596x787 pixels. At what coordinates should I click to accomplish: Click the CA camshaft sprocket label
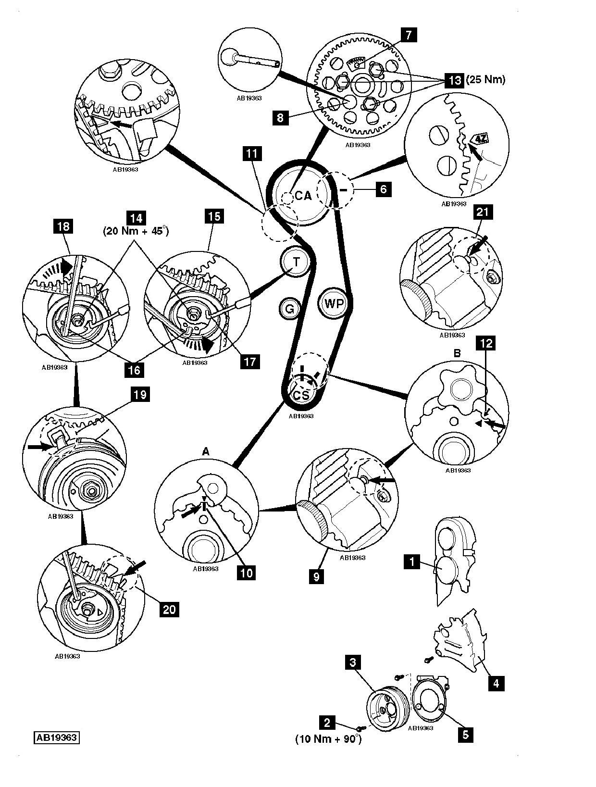[303, 195]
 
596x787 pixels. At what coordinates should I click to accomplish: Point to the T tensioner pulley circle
[296, 262]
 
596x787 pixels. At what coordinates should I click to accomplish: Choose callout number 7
[409, 35]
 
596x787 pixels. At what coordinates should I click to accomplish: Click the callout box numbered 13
[454, 80]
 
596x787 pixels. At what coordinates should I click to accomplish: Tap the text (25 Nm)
[485, 79]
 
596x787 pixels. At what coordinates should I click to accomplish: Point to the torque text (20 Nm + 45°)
[136, 231]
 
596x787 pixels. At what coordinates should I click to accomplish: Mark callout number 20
[169, 609]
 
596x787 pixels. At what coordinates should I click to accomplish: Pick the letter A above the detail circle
[206, 451]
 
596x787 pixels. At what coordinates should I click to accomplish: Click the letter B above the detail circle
[457, 353]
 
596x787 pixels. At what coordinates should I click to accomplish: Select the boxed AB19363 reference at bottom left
[56, 737]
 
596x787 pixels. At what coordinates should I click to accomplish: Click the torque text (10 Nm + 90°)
[328, 739]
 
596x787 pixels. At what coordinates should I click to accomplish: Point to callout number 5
[465, 734]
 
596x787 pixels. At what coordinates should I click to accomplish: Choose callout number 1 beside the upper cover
[411, 561]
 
